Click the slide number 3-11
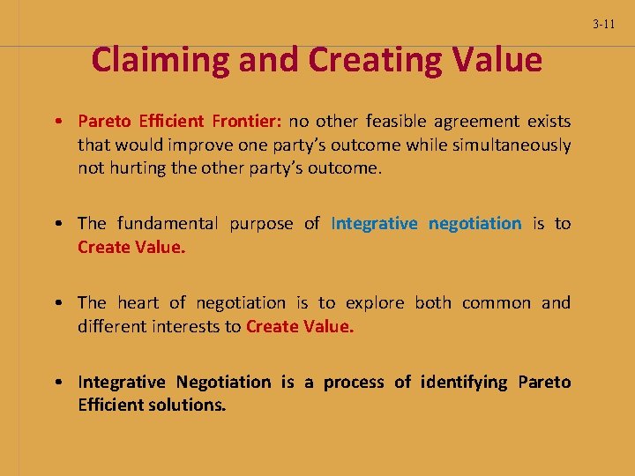click(x=604, y=24)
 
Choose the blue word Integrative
click(x=374, y=224)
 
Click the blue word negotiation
click(x=474, y=224)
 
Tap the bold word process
click(x=354, y=383)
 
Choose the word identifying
click(x=464, y=383)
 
